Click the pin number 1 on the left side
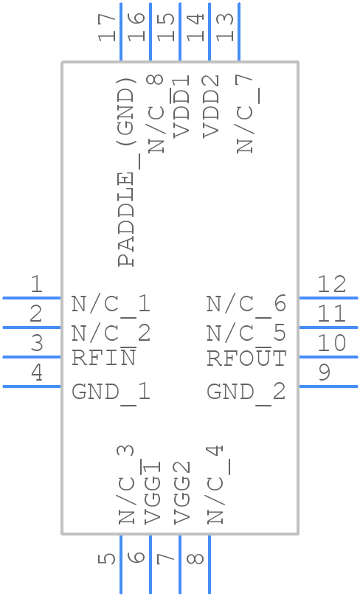(x=35, y=284)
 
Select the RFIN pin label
(x=104, y=358)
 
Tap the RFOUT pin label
(x=246, y=358)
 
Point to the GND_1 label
(x=111, y=391)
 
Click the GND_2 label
(x=246, y=391)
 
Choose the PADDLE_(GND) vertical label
(x=127, y=171)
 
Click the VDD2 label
(x=211, y=105)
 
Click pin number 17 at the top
(x=108, y=28)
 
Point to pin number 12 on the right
(x=331, y=284)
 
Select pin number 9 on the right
(x=324, y=372)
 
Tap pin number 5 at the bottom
(x=108, y=558)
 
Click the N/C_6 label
(x=246, y=303)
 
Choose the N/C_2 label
(x=111, y=333)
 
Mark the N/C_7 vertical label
(x=245, y=114)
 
